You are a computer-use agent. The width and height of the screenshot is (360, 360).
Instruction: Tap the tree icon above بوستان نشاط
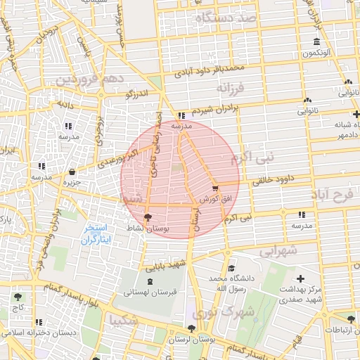(146, 217)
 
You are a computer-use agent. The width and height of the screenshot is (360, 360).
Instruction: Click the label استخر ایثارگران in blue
(91, 235)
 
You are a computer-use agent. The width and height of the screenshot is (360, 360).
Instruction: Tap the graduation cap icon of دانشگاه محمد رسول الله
(231, 269)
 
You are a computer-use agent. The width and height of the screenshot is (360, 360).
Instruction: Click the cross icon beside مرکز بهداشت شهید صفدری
(302, 278)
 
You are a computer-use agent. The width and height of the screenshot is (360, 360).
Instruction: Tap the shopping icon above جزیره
(73, 172)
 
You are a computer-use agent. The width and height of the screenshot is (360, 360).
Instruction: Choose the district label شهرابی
(278, 250)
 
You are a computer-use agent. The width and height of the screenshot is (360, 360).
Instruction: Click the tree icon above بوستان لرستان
(191, 328)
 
